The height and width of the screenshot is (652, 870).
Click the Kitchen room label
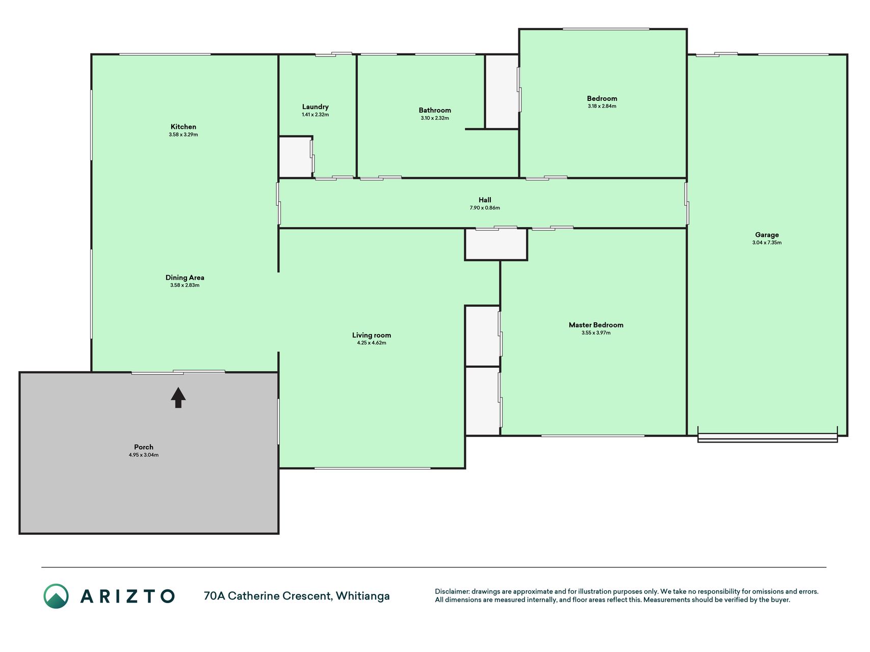(183, 127)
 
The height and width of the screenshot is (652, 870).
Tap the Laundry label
(315, 107)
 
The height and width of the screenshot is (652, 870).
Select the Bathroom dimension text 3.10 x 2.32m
(435, 118)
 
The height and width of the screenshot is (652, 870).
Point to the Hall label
(485, 200)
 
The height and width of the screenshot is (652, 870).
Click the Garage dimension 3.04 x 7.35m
(767, 242)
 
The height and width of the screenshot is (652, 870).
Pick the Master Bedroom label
(596, 325)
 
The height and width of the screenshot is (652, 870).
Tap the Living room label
(372, 335)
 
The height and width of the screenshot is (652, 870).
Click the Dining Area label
(185, 278)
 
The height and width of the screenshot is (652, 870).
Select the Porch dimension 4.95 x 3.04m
(144, 455)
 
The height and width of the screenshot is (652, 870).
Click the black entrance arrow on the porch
(178, 397)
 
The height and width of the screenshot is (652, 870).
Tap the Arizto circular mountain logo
(56, 596)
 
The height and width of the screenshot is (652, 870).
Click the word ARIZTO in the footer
(127, 596)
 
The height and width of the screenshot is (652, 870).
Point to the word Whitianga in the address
(363, 596)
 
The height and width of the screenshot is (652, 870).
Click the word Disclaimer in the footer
(452, 591)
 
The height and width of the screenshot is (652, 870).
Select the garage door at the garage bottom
(768, 437)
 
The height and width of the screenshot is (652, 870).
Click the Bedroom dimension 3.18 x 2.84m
(602, 106)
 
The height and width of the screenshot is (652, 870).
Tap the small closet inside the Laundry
(296, 157)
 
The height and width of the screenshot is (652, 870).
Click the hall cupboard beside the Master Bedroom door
(496, 244)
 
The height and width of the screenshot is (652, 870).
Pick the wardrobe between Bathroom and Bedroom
(502, 92)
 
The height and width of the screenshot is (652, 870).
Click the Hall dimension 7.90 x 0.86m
(485, 208)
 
